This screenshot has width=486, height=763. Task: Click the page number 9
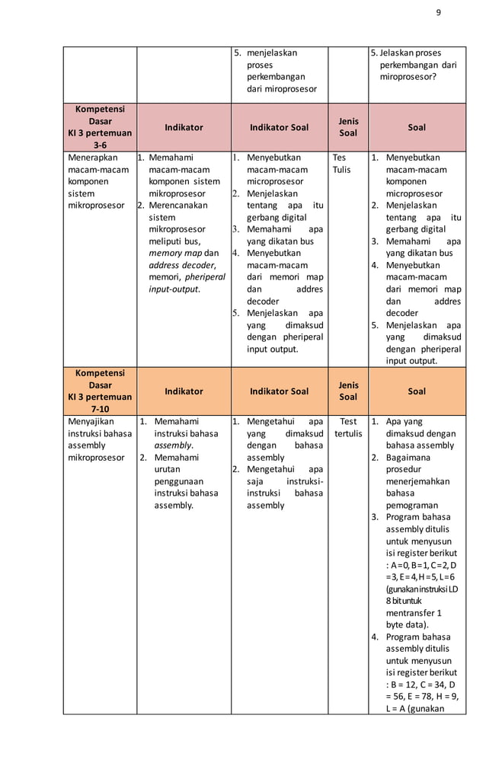[438, 11]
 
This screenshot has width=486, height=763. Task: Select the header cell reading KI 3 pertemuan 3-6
[99, 127]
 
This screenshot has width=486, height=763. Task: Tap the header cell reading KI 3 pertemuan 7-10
[99, 391]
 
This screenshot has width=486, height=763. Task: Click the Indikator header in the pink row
[184, 127]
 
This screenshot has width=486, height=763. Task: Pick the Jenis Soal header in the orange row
[348, 391]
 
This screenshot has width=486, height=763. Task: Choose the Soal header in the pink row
[417, 127]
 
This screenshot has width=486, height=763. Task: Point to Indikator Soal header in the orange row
[280, 391]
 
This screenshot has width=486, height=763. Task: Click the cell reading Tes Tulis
[341, 164]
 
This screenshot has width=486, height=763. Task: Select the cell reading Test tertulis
[348, 427]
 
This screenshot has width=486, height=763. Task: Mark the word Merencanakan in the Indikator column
[177, 206]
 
